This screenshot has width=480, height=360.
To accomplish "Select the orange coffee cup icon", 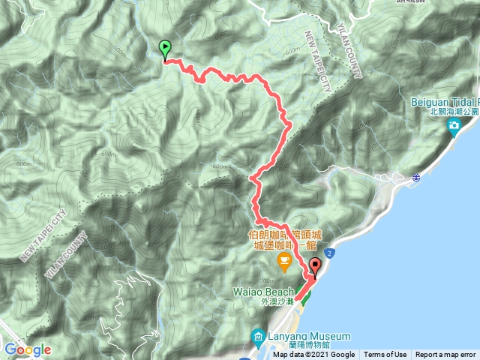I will pyautogui.click(x=283, y=262).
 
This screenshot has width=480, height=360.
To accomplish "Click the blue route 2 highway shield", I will pyautogui.click(x=330, y=255).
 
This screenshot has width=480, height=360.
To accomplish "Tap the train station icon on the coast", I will pyautogui.click(x=415, y=178).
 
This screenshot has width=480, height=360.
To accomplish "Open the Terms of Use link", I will pyautogui.click(x=385, y=355).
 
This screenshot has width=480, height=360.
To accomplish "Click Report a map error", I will pyautogui.click(x=446, y=355).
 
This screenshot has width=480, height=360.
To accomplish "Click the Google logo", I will pyautogui.click(x=27, y=349).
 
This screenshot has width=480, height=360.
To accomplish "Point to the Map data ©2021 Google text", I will pyautogui.click(x=313, y=355).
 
